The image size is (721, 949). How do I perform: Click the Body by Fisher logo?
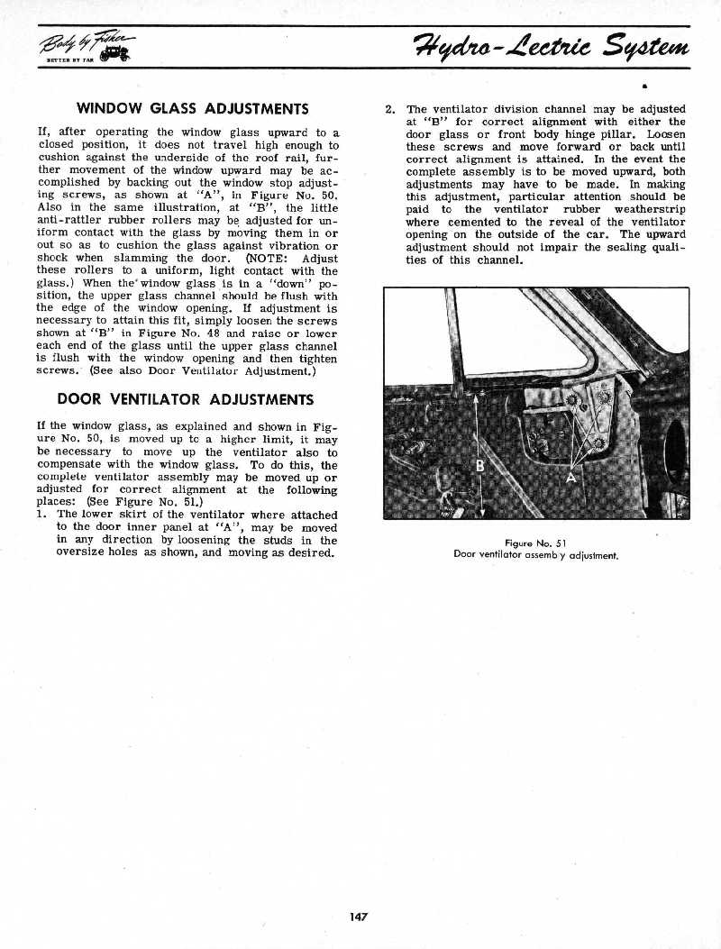[86, 47]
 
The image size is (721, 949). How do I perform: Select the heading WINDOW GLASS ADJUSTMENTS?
[193, 109]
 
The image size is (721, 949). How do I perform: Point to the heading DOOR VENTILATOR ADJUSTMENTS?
[185, 398]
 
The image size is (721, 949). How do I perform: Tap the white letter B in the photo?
[480, 467]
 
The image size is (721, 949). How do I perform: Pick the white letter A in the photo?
[570, 478]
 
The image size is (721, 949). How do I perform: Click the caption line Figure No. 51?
[534, 543]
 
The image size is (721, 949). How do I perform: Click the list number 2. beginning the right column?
[390, 109]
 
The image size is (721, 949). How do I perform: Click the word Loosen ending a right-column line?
[666, 134]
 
